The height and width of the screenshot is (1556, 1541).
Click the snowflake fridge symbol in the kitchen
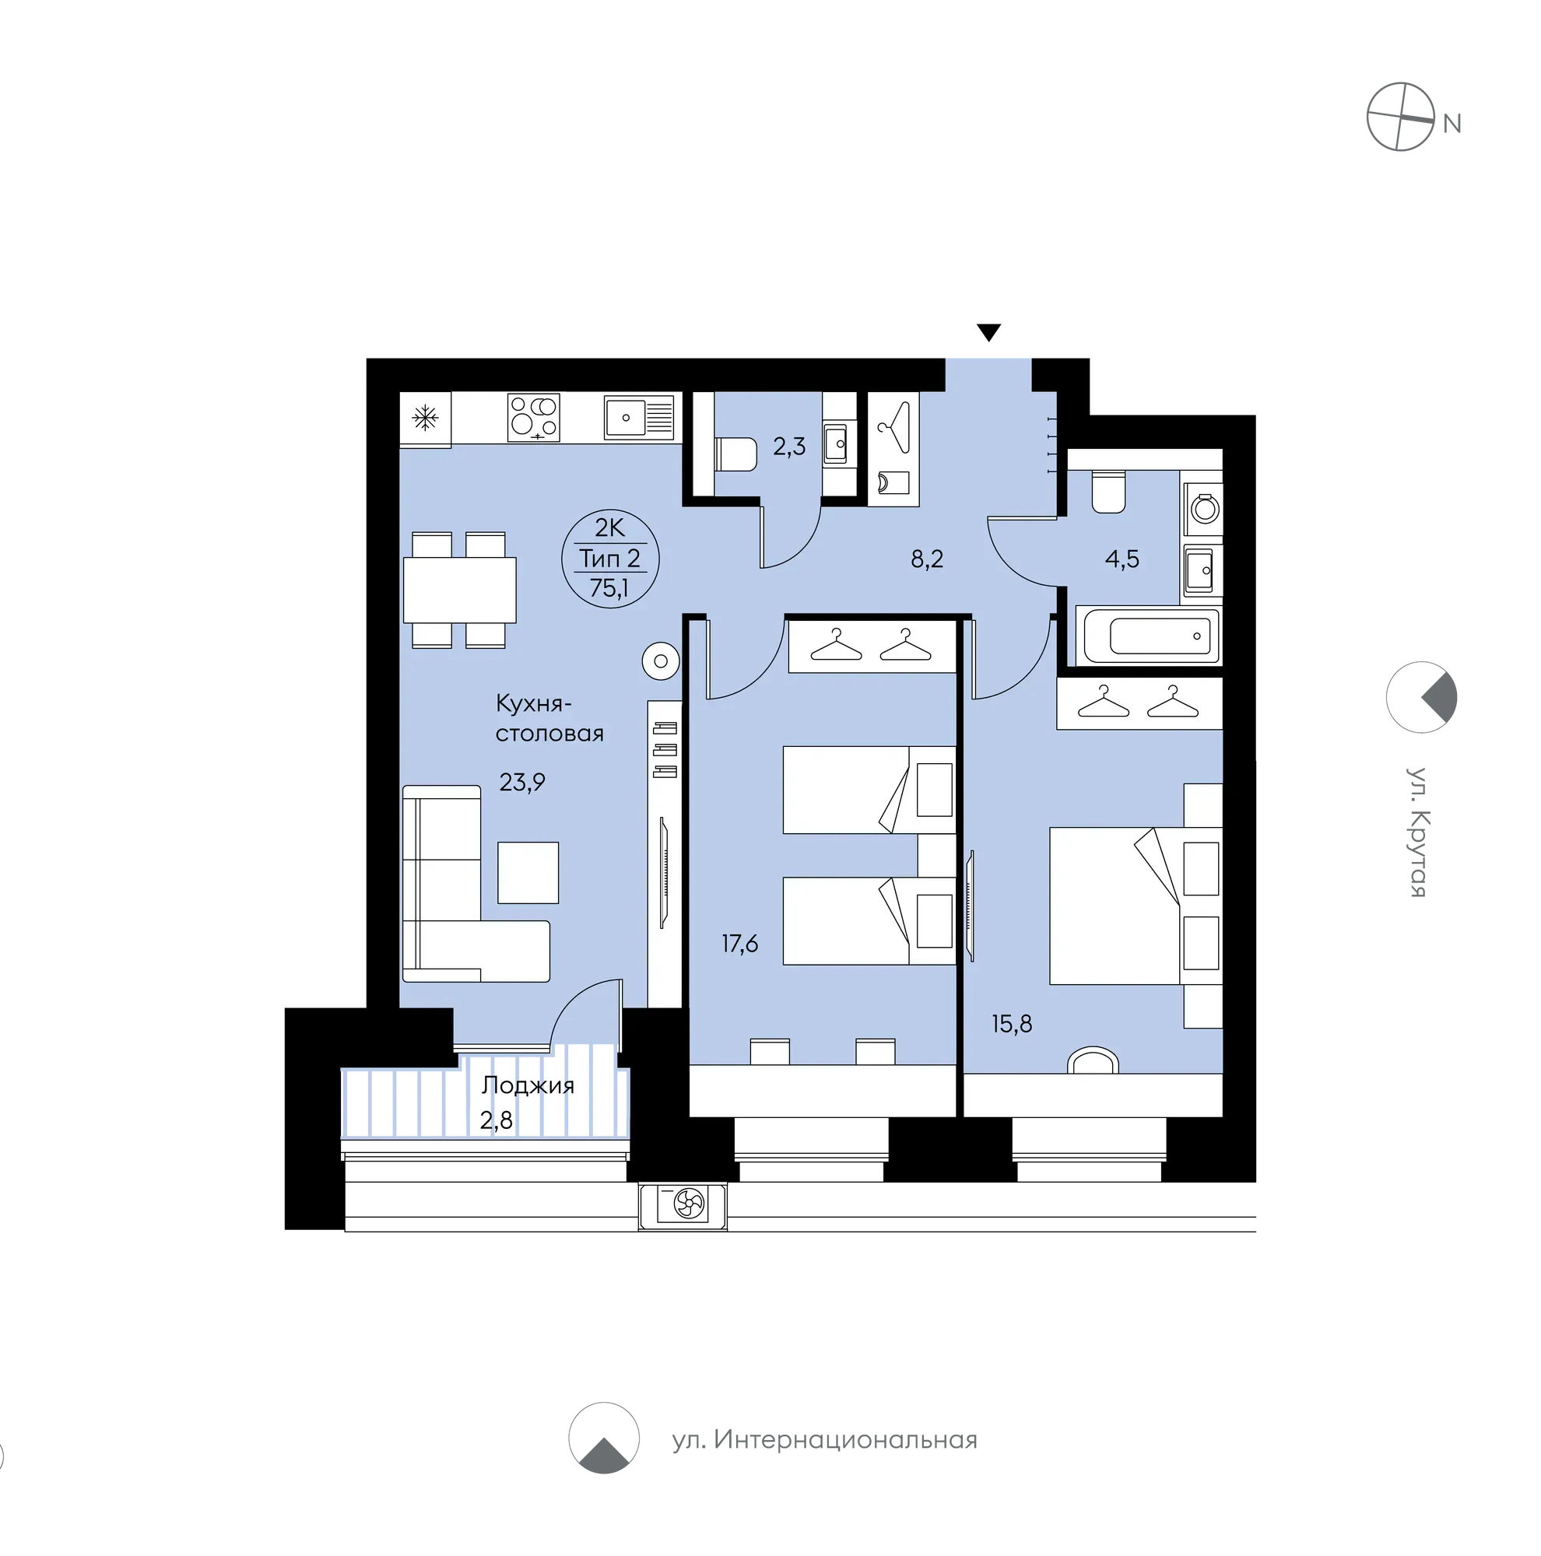click(x=424, y=416)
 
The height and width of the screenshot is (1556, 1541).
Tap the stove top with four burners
click(x=532, y=416)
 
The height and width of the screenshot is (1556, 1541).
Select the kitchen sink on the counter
click(x=638, y=417)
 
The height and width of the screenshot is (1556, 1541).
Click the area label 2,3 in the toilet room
click(x=788, y=446)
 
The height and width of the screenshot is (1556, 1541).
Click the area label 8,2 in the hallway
click(x=926, y=558)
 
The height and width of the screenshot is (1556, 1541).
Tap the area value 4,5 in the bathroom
click(x=1122, y=558)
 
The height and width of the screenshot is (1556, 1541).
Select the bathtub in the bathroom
click(x=1150, y=636)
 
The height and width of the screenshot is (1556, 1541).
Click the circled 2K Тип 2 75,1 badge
click(x=610, y=558)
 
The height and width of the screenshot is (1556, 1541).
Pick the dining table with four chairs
click(x=459, y=590)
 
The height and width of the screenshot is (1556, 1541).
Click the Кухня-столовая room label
click(x=549, y=717)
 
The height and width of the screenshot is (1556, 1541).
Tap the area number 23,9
click(x=522, y=781)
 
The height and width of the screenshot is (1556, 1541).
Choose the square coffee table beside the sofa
click(x=528, y=872)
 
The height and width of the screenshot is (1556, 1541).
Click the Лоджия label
click(x=528, y=1085)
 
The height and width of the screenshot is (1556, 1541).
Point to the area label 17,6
click(x=739, y=943)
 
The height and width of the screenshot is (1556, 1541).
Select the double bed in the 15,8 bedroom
click(x=1135, y=906)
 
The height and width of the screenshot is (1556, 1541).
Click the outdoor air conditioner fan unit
click(x=683, y=1205)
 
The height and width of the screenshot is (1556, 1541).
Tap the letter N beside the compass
click(x=1451, y=124)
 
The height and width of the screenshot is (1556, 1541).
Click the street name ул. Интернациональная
click(x=824, y=1440)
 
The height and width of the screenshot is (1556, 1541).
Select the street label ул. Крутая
click(x=1418, y=831)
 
